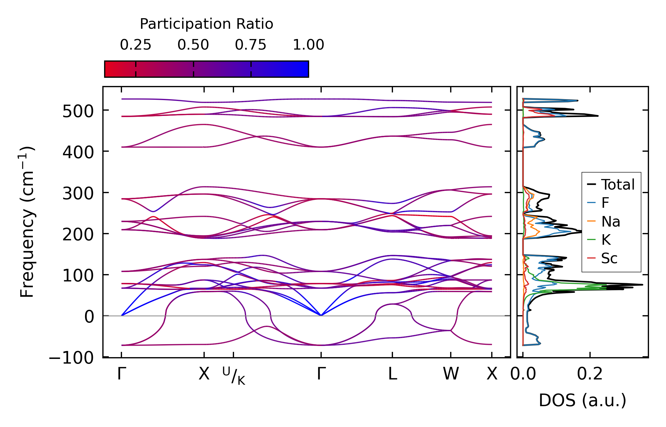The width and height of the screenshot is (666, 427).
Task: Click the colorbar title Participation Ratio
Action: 206,24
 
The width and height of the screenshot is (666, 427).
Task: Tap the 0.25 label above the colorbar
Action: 135,45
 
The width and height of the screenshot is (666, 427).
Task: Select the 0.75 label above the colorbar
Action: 250,45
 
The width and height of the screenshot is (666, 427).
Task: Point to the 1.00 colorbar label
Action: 308,45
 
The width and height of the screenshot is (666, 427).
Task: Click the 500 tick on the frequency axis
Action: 78,112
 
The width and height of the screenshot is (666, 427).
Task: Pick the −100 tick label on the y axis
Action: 71,358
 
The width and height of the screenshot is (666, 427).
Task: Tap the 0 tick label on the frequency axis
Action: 89,317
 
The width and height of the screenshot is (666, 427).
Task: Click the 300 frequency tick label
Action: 78,194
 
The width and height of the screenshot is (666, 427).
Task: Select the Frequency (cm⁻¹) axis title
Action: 27,222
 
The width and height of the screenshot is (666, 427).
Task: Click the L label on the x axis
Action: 392,374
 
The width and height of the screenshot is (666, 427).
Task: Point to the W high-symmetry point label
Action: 450,374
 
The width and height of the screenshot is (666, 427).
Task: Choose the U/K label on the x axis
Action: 233,376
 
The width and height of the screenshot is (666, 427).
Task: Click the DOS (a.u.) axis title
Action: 582,401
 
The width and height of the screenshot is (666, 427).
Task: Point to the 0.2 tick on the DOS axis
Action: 589,374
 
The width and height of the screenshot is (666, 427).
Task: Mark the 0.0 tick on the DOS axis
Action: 523,374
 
